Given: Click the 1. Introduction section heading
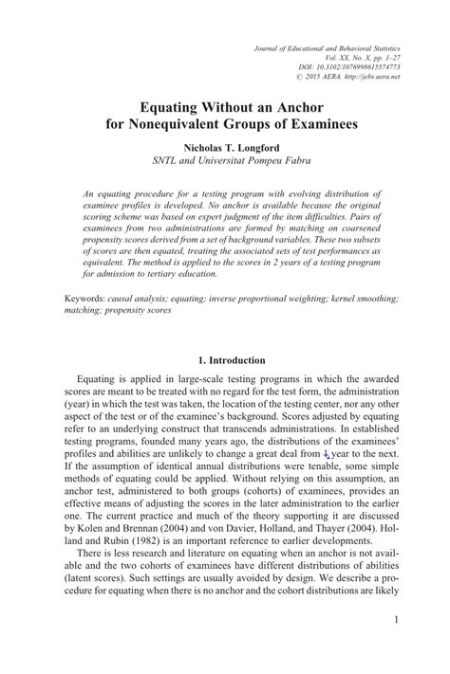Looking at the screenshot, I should [x=223, y=360].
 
